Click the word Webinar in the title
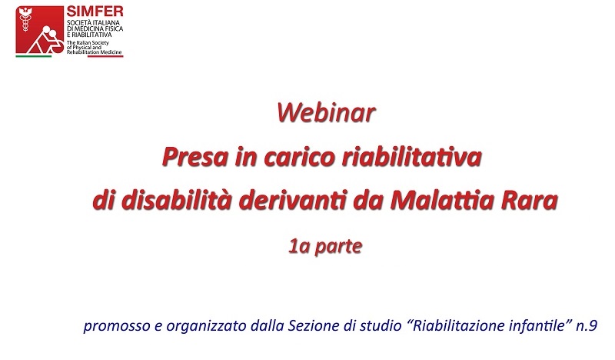(326, 113)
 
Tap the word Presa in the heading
(195, 157)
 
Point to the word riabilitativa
(412, 157)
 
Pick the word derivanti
(293, 200)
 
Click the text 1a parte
(325, 247)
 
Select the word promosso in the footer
(117, 326)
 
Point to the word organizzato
(206, 326)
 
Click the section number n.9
(587, 326)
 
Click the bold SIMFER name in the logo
(95, 11)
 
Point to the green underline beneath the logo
(34, 56)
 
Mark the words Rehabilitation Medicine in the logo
(94, 52)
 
